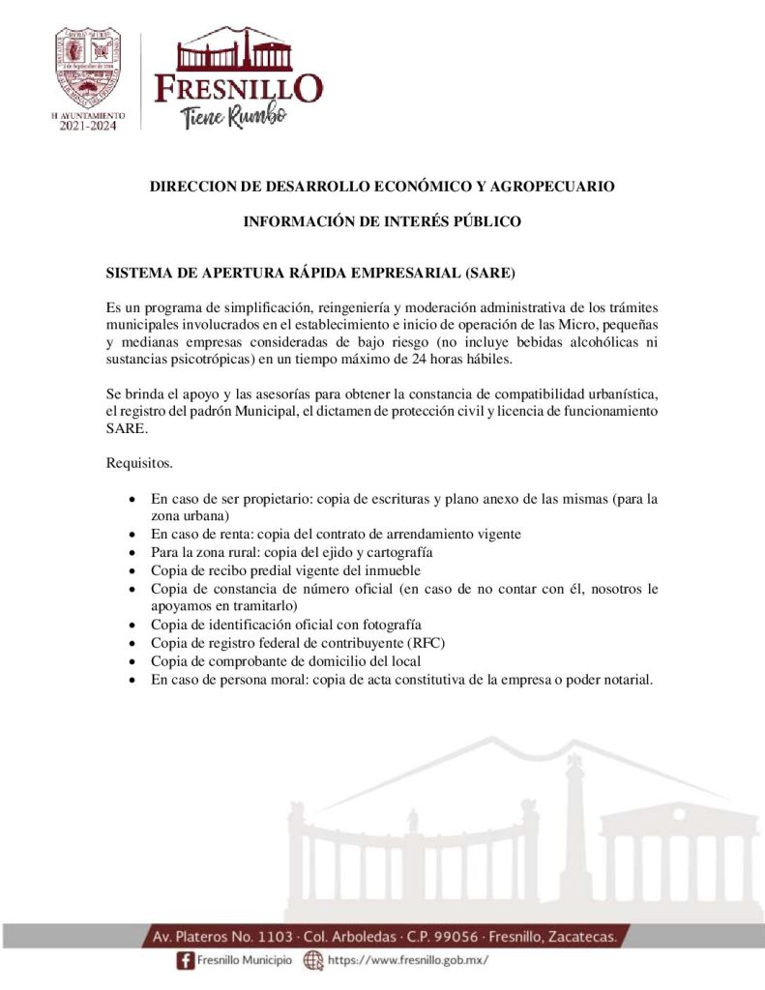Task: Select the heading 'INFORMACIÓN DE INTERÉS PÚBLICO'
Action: pyautogui.click(x=382, y=221)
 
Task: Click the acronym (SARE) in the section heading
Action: pyautogui.click(x=489, y=272)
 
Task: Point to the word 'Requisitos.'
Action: pyautogui.click(x=139, y=463)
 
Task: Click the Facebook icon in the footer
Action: pyautogui.click(x=185, y=961)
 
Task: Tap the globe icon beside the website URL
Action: pyautogui.click(x=313, y=961)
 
